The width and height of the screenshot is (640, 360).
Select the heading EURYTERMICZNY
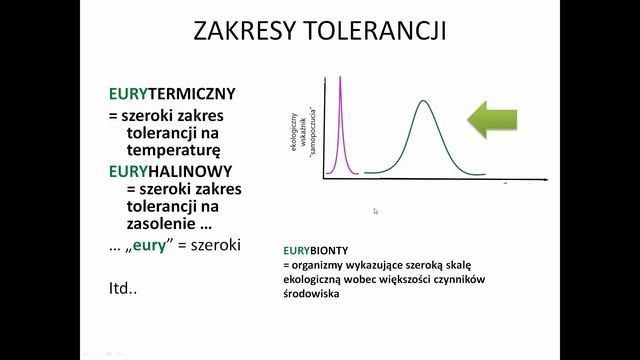coord(172,95)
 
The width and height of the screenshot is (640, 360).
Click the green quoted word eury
coord(157,246)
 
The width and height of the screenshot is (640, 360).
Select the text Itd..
coord(122,291)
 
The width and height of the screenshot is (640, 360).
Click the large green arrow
coord(492,119)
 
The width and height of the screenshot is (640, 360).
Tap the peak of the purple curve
coord(342,78)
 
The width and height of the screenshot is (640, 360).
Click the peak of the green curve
coord(424,101)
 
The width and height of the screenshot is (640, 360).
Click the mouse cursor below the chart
coord(376,211)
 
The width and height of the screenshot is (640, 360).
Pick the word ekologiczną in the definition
coord(312,280)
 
